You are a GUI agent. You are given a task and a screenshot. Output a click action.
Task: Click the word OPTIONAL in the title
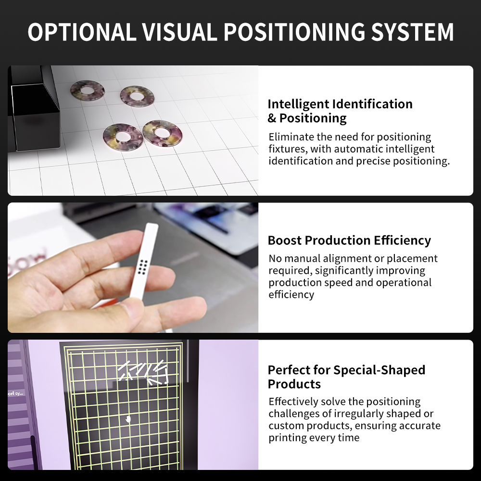pyautogui.click(x=82, y=32)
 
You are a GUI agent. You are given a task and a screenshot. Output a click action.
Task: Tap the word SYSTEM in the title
pyautogui.click(x=412, y=32)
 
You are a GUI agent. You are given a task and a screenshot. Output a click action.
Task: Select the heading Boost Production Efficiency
pyautogui.click(x=349, y=240)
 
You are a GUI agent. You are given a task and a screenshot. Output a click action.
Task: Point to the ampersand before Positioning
pyautogui.click(x=272, y=118)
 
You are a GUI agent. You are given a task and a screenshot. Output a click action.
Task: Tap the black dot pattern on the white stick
pyautogui.click(x=142, y=266)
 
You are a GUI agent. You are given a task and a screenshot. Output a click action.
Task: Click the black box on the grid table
pyautogui.click(x=34, y=109)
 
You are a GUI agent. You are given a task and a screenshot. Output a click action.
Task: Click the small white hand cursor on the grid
pyautogui.click(x=128, y=419)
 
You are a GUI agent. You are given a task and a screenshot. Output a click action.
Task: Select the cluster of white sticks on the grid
pyautogui.click(x=143, y=372)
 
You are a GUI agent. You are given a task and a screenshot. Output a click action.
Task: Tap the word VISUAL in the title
pyautogui.click(x=179, y=32)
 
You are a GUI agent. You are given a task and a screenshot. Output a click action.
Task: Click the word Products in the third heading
pyautogui.click(x=294, y=384)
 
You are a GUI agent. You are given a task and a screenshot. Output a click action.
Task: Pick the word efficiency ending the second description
pyautogui.click(x=291, y=295)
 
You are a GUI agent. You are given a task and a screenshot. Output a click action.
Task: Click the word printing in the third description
pyautogui.click(x=288, y=438)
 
